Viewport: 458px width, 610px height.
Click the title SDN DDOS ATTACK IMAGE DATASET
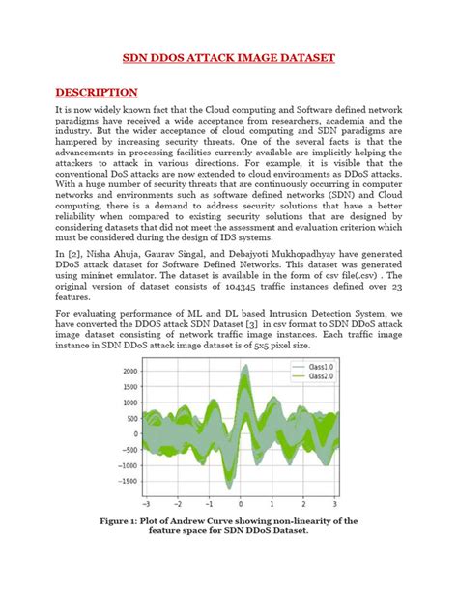tap(228, 58)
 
